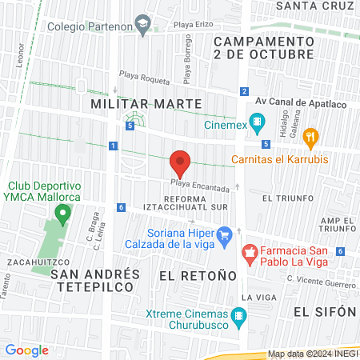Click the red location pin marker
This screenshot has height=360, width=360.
(180, 164)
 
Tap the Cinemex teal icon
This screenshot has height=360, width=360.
(256, 123)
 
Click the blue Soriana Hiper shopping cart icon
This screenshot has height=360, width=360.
(225, 234)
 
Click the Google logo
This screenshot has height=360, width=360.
(26, 350)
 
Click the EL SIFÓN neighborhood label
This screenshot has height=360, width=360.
(323, 310)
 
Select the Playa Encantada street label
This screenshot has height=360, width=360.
(199, 189)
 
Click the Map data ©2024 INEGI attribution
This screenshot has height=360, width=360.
(313, 354)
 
